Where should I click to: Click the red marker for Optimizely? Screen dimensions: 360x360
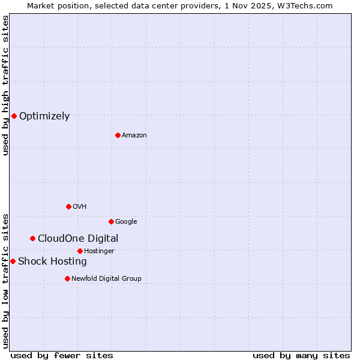(14, 116)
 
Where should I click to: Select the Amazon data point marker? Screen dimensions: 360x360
(118, 135)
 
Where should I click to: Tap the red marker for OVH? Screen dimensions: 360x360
(68, 206)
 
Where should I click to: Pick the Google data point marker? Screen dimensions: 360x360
(111, 221)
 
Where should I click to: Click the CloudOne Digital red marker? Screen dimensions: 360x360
(32, 238)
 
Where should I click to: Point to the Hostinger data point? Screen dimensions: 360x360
(80, 251)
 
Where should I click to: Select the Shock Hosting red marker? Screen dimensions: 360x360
(13, 261)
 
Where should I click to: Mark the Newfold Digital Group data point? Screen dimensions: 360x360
(67, 278)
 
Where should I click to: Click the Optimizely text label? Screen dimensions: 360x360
(44, 116)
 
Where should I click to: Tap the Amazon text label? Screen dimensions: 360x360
(134, 136)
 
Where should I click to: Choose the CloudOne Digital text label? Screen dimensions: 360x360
(78, 239)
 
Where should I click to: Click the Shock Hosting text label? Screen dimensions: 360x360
(52, 262)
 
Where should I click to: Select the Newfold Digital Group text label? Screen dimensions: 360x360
(106, 278)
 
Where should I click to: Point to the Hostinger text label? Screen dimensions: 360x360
(99, 251)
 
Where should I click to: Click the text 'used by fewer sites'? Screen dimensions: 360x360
(62, 355)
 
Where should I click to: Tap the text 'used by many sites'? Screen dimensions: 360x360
(301, 355)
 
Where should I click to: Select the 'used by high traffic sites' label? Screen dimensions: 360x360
(5, 85)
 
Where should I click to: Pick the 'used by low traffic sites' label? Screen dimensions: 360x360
(5, 280)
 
